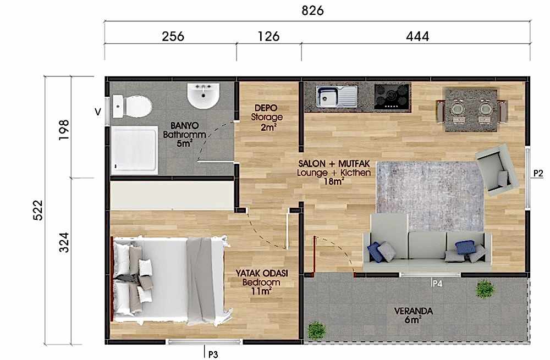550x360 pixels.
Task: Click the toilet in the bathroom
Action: point(132,107)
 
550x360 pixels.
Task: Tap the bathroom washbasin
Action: point(203,96)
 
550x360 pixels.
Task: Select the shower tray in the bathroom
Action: point(134,150)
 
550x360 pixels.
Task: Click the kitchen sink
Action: point(337,96)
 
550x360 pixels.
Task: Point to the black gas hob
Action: point(392,96)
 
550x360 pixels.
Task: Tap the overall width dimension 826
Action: point(312,10)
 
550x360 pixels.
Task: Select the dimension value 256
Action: point(173,36)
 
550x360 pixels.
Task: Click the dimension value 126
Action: point(269,36)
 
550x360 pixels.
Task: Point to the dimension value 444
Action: point(417,36)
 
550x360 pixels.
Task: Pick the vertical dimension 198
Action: point(64,130)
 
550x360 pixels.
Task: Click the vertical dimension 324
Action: point(64,242)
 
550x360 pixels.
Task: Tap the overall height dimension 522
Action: point(37,210)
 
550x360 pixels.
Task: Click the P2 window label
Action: point(538,173)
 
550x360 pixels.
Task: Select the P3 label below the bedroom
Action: point(213,355)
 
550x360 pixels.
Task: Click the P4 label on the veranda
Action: point(437,284)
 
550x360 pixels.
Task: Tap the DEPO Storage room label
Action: point(267,118)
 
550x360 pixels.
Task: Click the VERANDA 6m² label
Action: point(413,315)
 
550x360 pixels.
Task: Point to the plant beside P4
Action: point(485,289)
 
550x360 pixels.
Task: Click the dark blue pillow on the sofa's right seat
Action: point(465,247)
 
